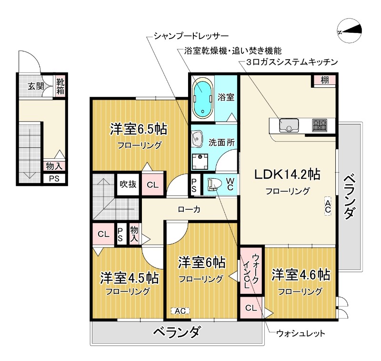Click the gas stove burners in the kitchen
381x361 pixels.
click(x=320, y=125)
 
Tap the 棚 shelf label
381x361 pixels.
click(x=324, y=81)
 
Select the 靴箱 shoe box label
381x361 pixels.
click(x=60, y=86)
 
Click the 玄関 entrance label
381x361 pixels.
click(x=35, y=86)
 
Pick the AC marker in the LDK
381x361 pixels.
click(x=328, y=206)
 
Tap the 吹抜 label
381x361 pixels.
click(x=128, y=185)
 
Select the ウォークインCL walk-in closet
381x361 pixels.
click(x=251, y=270)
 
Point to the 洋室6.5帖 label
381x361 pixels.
click(x=139, y=129)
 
